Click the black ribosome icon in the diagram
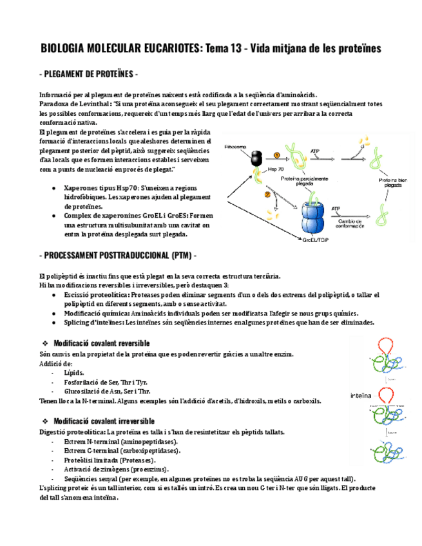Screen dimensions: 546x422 click(256, 158)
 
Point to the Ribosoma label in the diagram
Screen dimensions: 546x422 click(236, 147)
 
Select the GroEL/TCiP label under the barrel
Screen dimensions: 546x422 click(316, 240)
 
